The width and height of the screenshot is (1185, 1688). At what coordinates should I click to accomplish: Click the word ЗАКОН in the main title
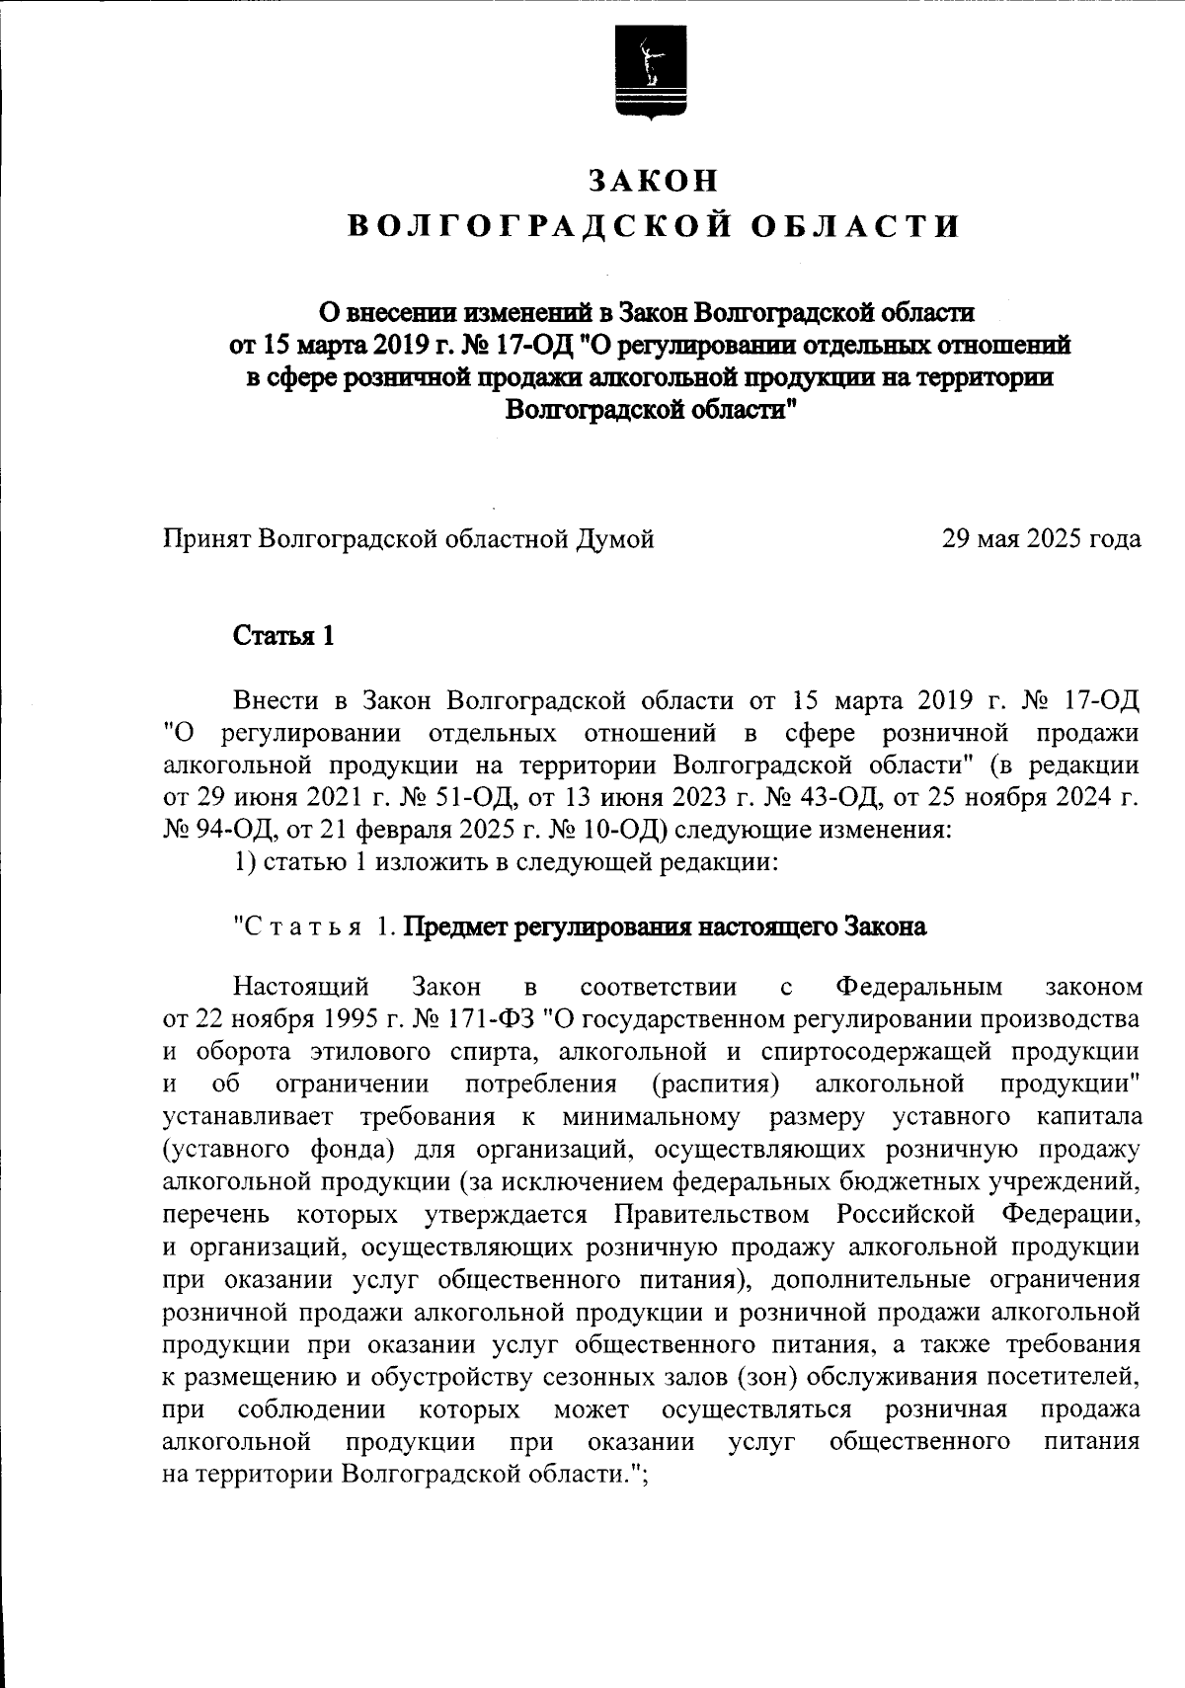tap(653, 181)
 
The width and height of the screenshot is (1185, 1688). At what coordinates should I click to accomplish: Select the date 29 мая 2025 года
tap(1042, 539)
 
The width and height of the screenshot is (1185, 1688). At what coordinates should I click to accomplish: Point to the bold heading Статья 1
tap(283, 635)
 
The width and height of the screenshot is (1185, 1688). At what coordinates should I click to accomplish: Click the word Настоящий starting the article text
tap(301, 987)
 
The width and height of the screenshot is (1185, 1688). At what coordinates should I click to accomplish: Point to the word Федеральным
tap(918, 987)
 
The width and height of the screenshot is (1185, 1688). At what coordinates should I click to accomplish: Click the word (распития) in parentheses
tap(717, 1084)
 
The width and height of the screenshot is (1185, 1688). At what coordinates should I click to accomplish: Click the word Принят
tap(205, 539)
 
